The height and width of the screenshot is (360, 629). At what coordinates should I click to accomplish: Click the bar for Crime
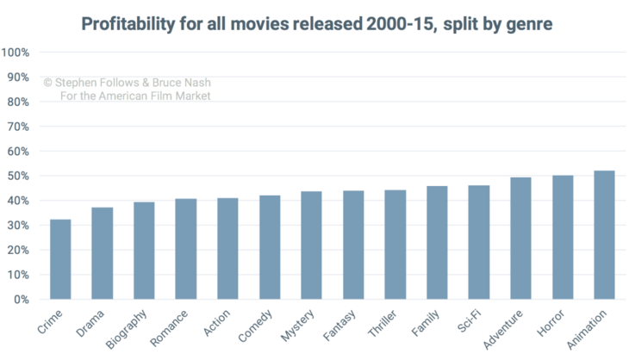(x=60, y=259)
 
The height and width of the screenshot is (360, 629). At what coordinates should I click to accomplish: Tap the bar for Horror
(x=563, y=238)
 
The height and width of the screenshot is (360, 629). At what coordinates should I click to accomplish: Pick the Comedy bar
(x=270, y=247)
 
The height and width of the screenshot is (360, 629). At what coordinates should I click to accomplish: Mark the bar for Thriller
(x=395, y=245)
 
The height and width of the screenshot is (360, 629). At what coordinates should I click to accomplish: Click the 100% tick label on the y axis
(x=16, y=53)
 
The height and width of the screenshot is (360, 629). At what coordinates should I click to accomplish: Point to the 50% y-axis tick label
(x=19, y=177)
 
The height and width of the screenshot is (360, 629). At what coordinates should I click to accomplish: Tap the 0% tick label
(x=22, y=300)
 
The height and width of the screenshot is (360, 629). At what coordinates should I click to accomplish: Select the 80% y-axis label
(x=19, y=102)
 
